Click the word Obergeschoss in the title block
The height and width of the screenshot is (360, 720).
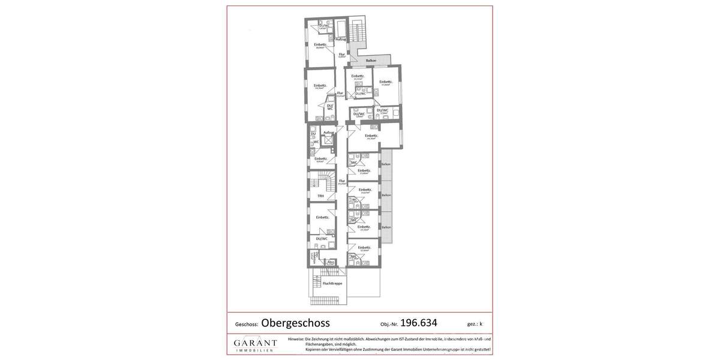click(x=295, y=323)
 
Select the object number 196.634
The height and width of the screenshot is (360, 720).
click(x=418, y=323)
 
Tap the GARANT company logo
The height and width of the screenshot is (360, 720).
click(x=255, y=344)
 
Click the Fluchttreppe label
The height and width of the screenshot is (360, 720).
click(x=332, y=283)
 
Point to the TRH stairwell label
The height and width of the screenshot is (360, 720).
click(x=320, y=196)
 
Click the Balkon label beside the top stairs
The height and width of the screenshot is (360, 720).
click(x=371, y=61)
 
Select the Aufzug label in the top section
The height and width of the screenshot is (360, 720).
click(x=341, y=40)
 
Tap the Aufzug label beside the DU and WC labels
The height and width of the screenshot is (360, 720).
click(x=328, y=133)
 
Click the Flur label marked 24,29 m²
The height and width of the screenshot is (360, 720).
click(x=342, y=181)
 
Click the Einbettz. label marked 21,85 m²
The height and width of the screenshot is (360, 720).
click(x=364, y=170)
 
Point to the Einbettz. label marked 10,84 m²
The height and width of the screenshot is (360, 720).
click(x=364, y=247)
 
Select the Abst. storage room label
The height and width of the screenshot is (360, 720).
click(x=331, y=262)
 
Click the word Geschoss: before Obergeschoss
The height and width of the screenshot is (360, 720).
click(x=246, y=325)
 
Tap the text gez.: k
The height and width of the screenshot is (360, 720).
click(x=475, y=324)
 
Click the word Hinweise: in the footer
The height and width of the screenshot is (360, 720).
click(x=296, y=339)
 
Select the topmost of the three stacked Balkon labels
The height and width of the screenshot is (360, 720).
click(x=386, y=164)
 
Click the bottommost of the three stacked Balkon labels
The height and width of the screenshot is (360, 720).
click(x=386, y=227)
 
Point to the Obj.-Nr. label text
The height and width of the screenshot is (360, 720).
click(x=389, y=325)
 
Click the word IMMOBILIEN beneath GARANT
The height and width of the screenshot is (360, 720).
click(x=255, y=350)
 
